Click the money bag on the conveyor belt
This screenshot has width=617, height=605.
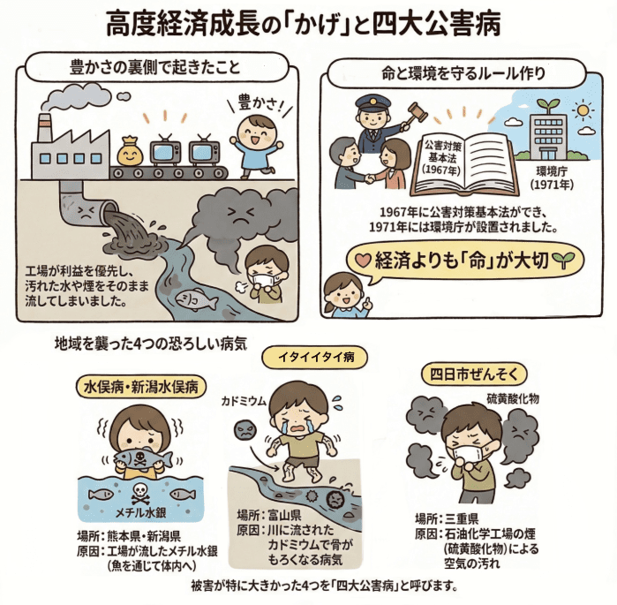click(x=130, y=151)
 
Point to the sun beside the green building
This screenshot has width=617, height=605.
click(x=583, y=111)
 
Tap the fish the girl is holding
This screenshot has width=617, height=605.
click(x=139, y=458)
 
